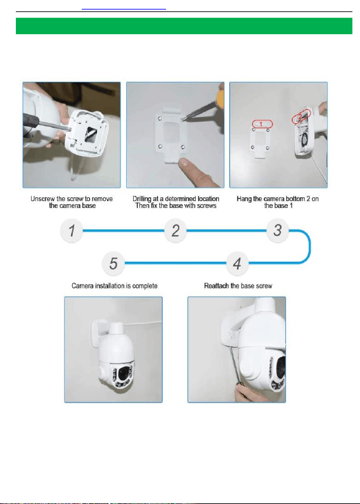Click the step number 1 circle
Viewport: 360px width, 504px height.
[x=72, y=231]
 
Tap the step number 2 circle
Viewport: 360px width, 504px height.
[x=175, y=231]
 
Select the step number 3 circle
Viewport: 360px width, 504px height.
[x=278, y=231]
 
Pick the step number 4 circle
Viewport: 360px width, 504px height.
[x=237, y=263]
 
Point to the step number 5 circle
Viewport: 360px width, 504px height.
[x=113, y=263]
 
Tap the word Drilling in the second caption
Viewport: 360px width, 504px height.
[x=142, y=199]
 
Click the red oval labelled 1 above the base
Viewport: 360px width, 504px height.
[x=262, y=124]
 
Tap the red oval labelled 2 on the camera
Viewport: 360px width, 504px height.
[x=302, y=117]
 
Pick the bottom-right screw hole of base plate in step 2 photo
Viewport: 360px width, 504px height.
[x=183, y=147]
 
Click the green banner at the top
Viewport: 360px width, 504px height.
[x=184, y=26]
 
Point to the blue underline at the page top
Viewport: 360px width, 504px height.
[x=124, y=10]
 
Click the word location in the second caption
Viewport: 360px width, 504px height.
[x=209, y=198]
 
